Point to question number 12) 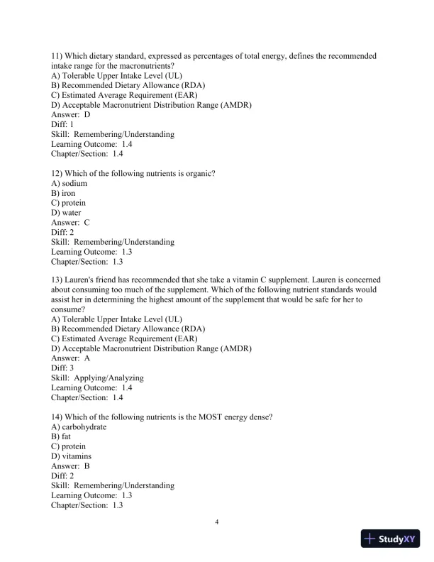pyautogui.click(x=59, y=173)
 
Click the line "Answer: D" pyautogui.click(x=71, y=114)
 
